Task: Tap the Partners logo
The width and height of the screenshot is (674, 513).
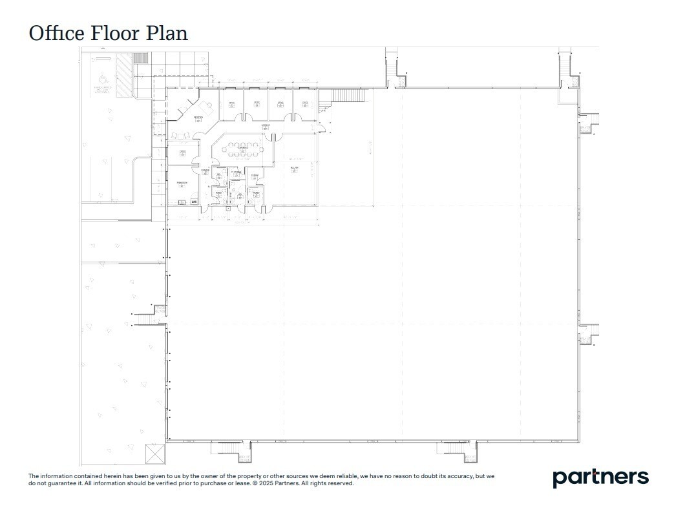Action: (600, 477)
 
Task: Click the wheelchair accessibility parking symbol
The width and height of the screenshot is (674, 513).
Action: (102, 76)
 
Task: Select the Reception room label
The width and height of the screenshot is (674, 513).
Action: (198, 118)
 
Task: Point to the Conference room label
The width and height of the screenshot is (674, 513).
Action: (242, 149)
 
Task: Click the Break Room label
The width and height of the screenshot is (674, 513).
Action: (182, 184)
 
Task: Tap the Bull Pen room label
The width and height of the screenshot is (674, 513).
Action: (294, 169)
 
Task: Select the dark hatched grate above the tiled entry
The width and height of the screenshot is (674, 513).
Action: (140, 58)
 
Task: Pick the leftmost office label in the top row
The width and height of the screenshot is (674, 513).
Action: (231, 103)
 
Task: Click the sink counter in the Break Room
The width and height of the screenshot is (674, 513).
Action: (182, 202)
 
